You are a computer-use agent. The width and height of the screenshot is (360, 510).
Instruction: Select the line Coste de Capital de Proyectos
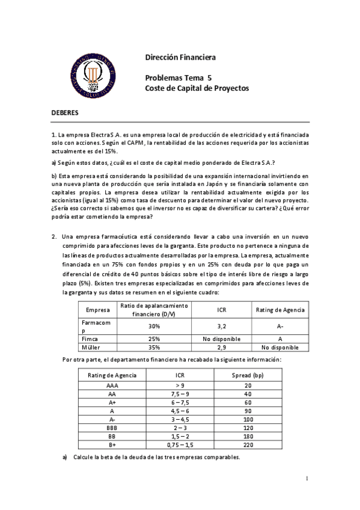tap(197, 88)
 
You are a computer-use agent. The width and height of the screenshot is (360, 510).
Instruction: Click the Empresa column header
tap(98, 310)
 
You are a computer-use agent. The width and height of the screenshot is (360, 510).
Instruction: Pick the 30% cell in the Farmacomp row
tap(154, 326)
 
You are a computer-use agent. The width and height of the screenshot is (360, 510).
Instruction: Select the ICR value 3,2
tap(221, 326)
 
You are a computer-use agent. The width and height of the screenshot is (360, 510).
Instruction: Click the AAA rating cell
tap(112, 386)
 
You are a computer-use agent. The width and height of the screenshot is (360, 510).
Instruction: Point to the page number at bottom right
tap(307, 479)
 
